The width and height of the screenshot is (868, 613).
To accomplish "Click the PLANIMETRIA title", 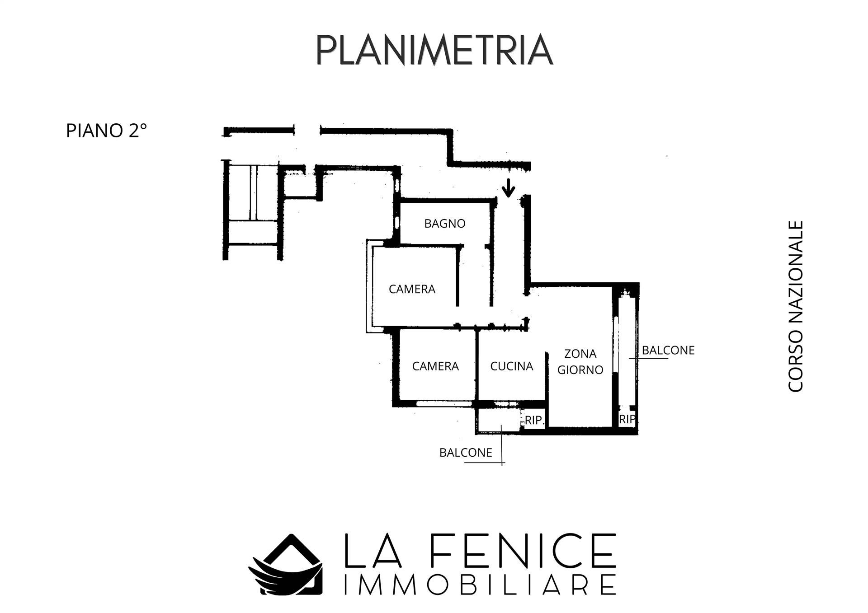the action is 434,49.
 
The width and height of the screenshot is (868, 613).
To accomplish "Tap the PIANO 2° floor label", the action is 107,131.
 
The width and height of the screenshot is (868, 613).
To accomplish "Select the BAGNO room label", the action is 445,224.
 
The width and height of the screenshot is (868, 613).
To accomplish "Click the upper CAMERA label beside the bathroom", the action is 412,289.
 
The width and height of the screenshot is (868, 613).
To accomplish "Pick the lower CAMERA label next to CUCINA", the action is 435,366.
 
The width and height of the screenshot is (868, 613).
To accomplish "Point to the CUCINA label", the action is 512,366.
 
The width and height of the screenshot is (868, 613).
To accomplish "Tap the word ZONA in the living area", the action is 580,354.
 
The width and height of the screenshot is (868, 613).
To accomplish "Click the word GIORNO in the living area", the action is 580,370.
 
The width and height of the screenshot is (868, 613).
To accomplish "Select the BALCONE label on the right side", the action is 668,351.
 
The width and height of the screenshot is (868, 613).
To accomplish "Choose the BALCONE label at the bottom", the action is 466,453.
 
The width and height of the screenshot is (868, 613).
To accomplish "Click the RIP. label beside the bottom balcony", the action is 534,420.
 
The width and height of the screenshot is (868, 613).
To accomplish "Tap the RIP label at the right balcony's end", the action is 627,419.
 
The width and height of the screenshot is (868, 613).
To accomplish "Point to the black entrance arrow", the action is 509,188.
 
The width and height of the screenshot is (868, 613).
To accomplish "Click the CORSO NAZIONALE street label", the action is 796,306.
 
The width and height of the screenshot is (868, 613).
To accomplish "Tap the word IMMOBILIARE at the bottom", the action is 479,585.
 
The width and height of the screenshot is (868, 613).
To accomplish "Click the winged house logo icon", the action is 286,564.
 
